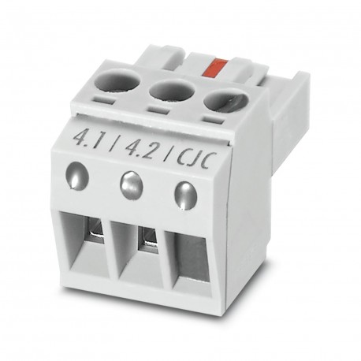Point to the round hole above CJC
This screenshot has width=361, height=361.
click(x=224, y=102)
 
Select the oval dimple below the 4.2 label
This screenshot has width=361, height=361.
click(x=130, y=185)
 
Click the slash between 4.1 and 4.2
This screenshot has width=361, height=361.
click(x=114, y=144)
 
